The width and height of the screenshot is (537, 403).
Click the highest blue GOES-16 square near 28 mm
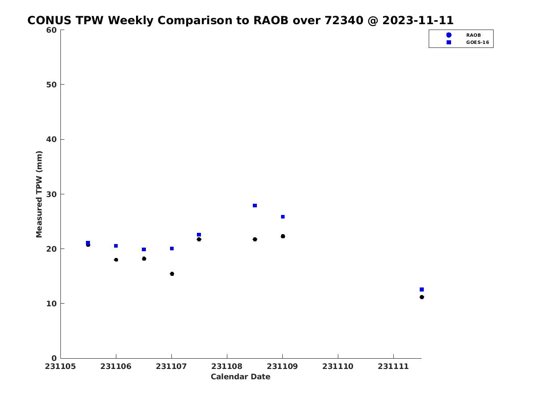pyautogui.click(x=255, y=206)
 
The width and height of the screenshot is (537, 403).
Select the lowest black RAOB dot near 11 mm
pyautogui.click(x=422, y=297)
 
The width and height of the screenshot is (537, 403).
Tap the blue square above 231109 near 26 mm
pyautogui.click(x=282, y=217)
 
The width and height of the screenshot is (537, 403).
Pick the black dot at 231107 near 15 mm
pyautogui.click(x=172, y=274)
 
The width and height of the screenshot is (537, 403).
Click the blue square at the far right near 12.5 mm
pyautogui.click(x=422, y=289)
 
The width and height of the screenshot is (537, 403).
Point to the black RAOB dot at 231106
pyautogui.click(x=116, y=260)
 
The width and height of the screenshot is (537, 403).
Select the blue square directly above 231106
pyautogui.click(x=116, y=246)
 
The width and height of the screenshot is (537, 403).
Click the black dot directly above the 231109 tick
pyautogui.click(x=283, y=236)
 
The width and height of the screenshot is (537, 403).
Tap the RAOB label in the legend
pyautogui.click(x=473, y=35)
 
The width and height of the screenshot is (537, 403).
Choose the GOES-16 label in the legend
pyautogui.click(x=477, y=43)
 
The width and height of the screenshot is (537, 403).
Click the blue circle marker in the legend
pyautogui.click(x=449, y=35)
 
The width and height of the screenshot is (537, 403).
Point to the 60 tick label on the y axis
pyautogui.click(x=51, y=30)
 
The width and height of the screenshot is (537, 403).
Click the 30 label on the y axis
pyautogui.click(x=51, y=194)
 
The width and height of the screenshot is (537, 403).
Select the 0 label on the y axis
pyautogui.click(x=54, y=359)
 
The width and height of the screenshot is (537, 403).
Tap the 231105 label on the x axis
pyautogui.click(x=60, y=367)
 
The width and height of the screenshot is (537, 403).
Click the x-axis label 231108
pyautogui.click(x=227, y=367)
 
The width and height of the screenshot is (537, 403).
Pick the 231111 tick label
pyautogui.click(x=393, y=367)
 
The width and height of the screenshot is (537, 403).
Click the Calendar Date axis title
pyautogui.click(x=240, y=377)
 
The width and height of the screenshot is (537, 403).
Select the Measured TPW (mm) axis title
pyautogui.click(x=39, y=194)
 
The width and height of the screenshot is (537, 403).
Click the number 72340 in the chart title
pyautogui.click(x=344, y=20)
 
